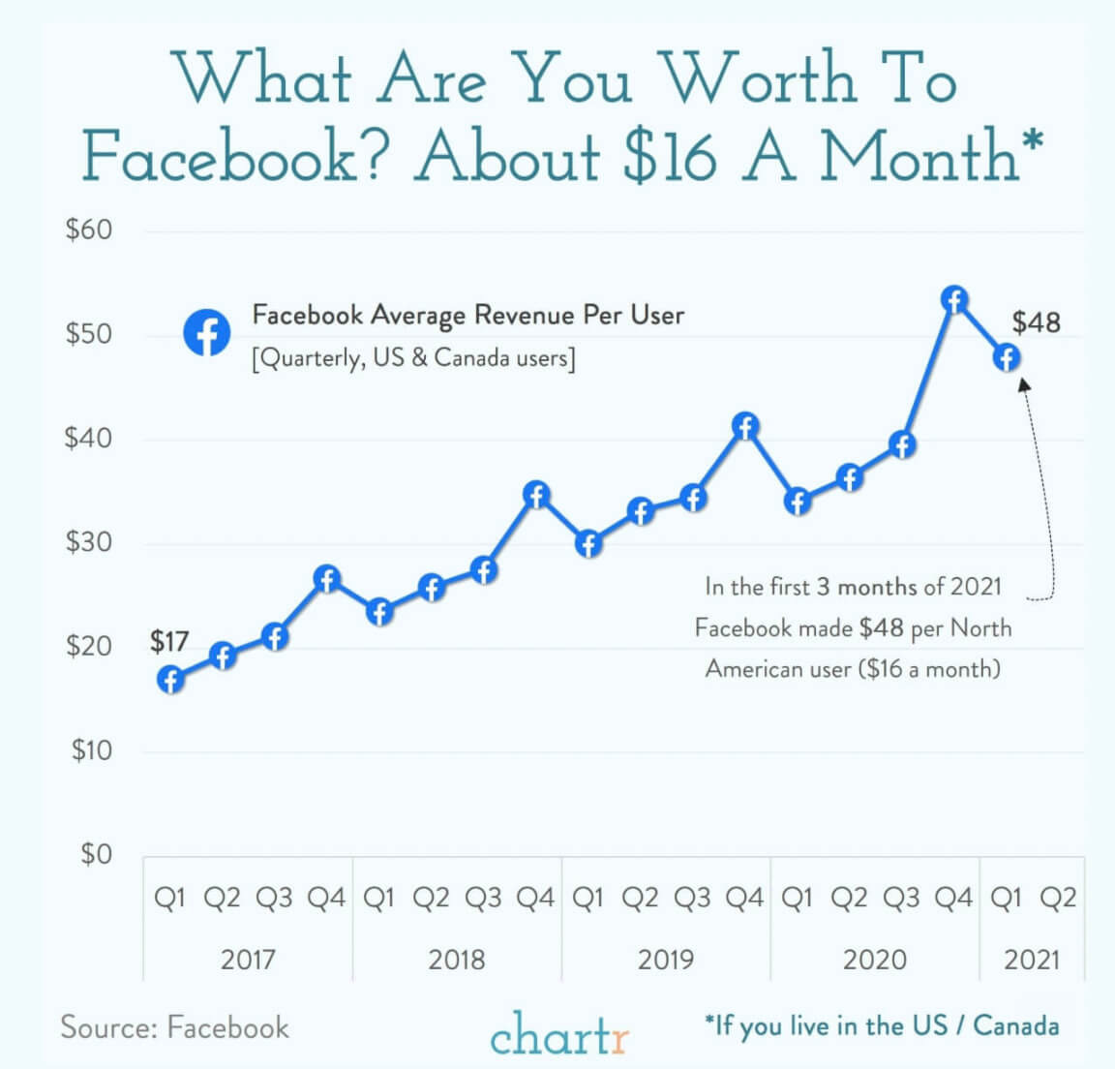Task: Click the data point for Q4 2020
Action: click(954, 300)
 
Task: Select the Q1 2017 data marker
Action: click(170, 680)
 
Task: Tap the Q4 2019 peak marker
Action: click(745, 426)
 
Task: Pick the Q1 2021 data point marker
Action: click(1007, 357)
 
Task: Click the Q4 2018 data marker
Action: click(536, 495)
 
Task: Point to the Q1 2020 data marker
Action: click(798, 502)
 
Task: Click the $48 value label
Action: click(1036, 321)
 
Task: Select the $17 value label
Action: click(169, 641)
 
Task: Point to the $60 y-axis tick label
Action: click(88, 230)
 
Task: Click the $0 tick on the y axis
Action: click(96, 854)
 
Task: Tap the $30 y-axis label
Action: click(88, 542)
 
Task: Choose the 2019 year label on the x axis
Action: click(665, 960)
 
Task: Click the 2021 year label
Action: click(1032, 960)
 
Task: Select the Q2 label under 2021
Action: click(1058, 899)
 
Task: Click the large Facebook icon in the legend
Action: click(207, 333)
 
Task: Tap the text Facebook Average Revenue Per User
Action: click(467, 316)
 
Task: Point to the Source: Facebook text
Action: click(174, 1026)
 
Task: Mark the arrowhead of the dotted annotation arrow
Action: click(1024, 384)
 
